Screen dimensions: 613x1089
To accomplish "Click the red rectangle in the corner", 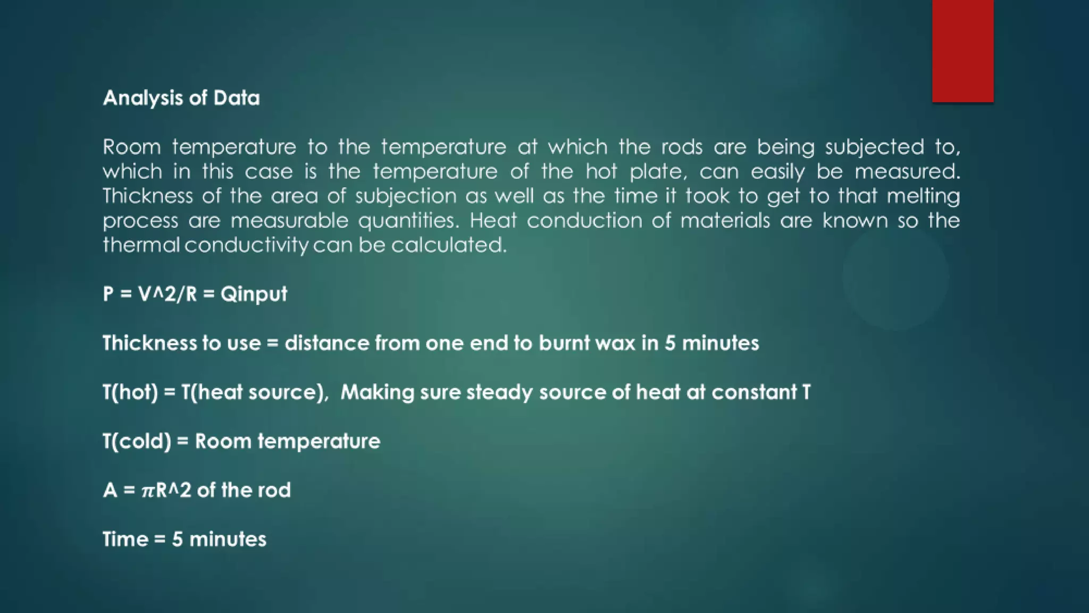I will click(x=962, y=51).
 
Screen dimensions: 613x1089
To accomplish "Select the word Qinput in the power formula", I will click(x=254, y=294).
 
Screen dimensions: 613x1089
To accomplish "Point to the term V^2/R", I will click(x=167, y=294).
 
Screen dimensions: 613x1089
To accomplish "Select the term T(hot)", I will click(x=130, y=393).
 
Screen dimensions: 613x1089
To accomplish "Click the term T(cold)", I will click(x=137, y=442).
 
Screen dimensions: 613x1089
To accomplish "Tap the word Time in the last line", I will click(x=125, y=540).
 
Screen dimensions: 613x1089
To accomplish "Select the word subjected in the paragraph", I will click(x=874, y=147).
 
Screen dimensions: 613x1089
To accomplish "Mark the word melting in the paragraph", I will click(x=923, y=196).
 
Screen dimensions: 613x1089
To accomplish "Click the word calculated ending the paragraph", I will click(x=449, y=245).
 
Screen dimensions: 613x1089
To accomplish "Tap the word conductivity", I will click(x=246, y=245).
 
